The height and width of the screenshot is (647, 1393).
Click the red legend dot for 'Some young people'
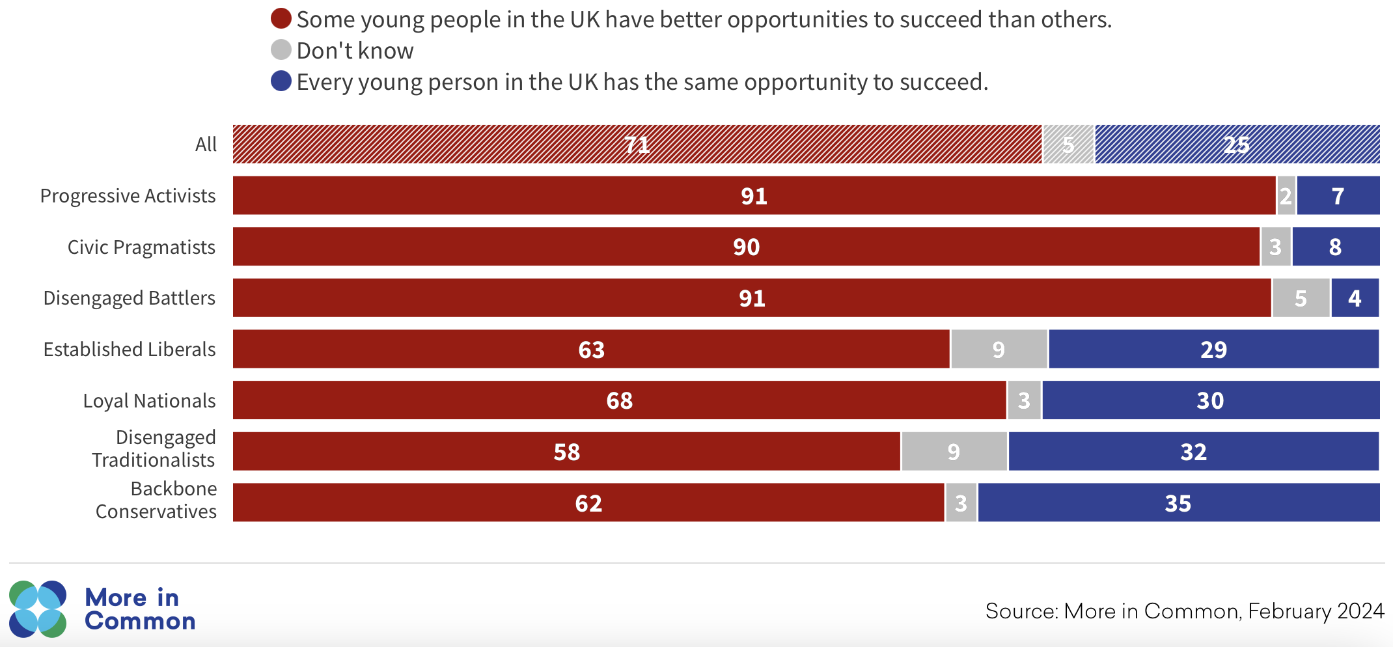(x=281, y=18)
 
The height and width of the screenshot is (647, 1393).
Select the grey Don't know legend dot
(x=281, y=49)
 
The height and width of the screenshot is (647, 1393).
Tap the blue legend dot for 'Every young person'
(x=281, y=81)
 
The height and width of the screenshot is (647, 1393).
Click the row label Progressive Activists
(x=128, y=196)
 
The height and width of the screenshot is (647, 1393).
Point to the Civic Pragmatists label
(x=141, y=247)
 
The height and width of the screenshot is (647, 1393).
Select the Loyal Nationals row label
(x=149, y=401)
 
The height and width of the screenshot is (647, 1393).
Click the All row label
(x=206, y=145)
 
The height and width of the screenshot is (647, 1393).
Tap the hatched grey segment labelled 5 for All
(x=1068, y=145)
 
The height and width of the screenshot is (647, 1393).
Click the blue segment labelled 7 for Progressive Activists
(x=1338, y=196)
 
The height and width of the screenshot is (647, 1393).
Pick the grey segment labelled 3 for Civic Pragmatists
(x=1275, y=247)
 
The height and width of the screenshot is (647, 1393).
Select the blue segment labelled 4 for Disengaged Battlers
(x=1355, y=298)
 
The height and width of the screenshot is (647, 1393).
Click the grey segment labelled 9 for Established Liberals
(x=999, y=350)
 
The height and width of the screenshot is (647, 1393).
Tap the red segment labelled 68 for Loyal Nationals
(x=619, y=401)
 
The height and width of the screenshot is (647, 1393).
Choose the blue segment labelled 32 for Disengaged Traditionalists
(x=1193, y=452)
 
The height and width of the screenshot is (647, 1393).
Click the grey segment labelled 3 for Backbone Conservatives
(x=961, y=503)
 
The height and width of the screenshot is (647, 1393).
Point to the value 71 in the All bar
(x=637, y=145)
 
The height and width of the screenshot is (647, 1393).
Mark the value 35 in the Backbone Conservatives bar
(x=1178, y=503)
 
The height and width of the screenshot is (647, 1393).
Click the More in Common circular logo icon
(x=38, y=609)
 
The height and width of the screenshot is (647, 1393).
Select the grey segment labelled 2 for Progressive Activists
(x=1286, y=196)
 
